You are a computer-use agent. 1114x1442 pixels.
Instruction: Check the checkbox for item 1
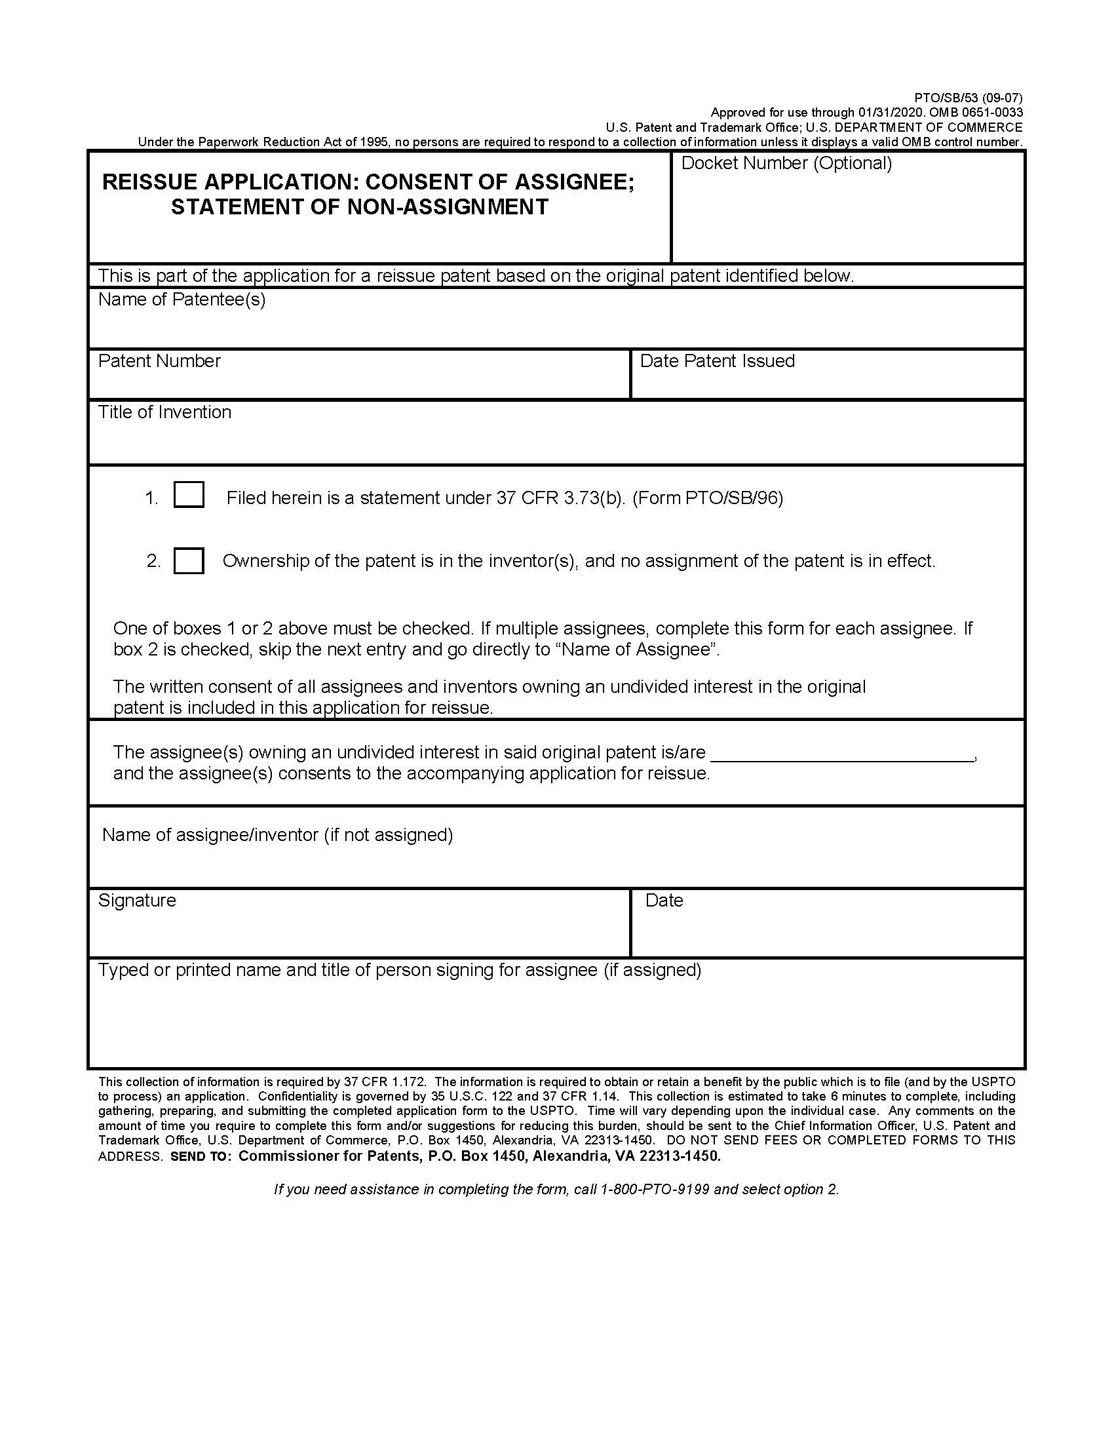pos(188,494)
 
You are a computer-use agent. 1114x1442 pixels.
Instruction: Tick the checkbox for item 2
pos(188,560)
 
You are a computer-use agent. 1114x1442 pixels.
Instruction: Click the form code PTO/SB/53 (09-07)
pos(968,98)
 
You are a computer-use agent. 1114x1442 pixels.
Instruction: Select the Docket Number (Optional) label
pos(786,163)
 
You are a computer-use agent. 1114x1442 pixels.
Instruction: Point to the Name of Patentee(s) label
pos(182,300)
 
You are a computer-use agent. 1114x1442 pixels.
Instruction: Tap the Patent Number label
pos(159,361)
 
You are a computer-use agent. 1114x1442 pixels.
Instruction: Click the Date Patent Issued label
pos(717,361)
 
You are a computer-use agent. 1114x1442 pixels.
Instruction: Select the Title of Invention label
pos(164,412)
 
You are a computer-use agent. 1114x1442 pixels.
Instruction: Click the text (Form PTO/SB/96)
pos(708,498)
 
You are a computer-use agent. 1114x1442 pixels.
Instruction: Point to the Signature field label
pos(136,901)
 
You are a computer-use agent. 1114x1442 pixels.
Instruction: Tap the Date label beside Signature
pos(664,901)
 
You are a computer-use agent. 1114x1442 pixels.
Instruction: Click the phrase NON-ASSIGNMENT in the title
pos(448,207)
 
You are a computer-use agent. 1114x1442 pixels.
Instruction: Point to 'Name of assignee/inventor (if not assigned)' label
pos(277,835)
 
